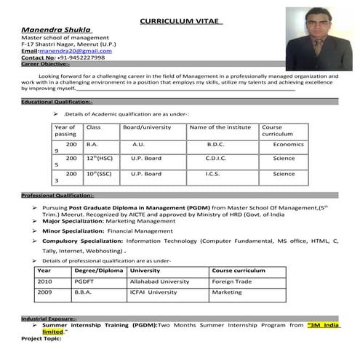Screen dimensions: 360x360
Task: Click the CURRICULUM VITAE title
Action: (x=181, y=23)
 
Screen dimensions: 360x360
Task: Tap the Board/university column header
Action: (x=147, y=127)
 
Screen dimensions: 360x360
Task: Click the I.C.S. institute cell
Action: (x=213, y=174)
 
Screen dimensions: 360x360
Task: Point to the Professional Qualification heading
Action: (x=57, y=196)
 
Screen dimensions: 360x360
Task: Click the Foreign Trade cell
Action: (x=233, y=281)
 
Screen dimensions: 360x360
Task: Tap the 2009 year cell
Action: (x=45, y=292)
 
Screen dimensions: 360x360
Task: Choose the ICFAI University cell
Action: (x=153, y=292)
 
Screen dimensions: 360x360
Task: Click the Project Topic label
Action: (x=41, y=338)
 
